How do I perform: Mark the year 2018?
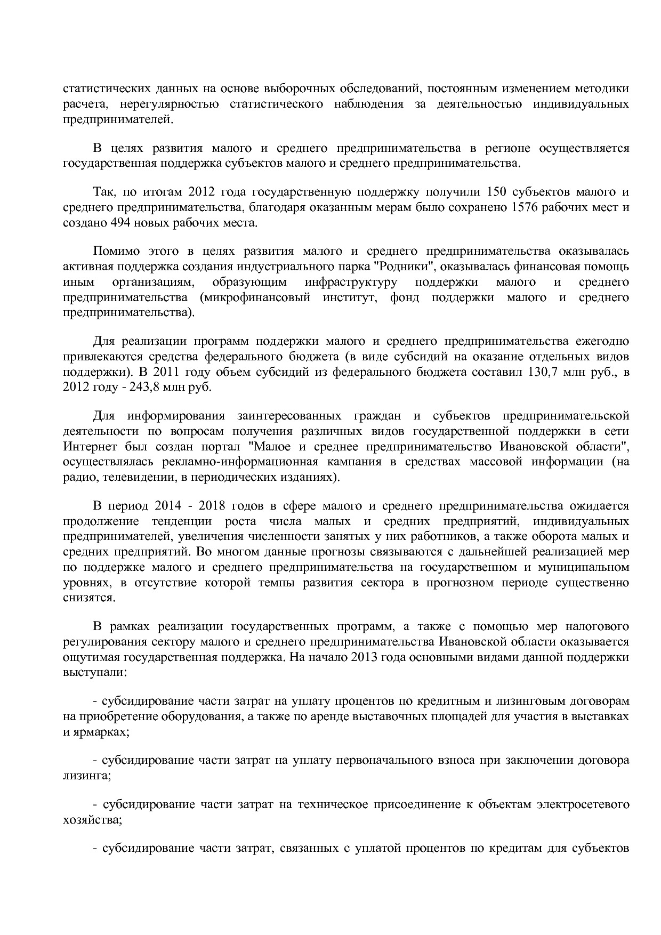211,506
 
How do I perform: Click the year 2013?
366,657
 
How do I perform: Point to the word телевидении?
135,477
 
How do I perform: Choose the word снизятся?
87,598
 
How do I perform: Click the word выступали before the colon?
93,672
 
